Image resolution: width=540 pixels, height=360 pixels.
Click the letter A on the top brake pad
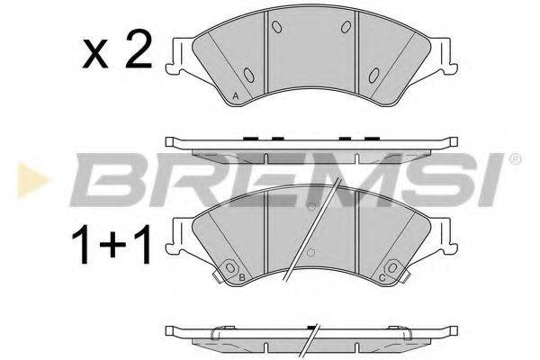pyautogui.click(x=235, y=95)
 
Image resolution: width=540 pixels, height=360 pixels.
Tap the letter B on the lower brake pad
pyautogui.click(x=244, y=278)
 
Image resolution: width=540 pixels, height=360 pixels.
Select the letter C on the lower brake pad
pyautogui.click(x=382, y=278)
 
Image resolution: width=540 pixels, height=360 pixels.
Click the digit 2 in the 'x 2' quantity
pyautogui.click(x=137, y=54)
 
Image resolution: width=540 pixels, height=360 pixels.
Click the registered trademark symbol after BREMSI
pyautogui.click(x=515, y=159)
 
